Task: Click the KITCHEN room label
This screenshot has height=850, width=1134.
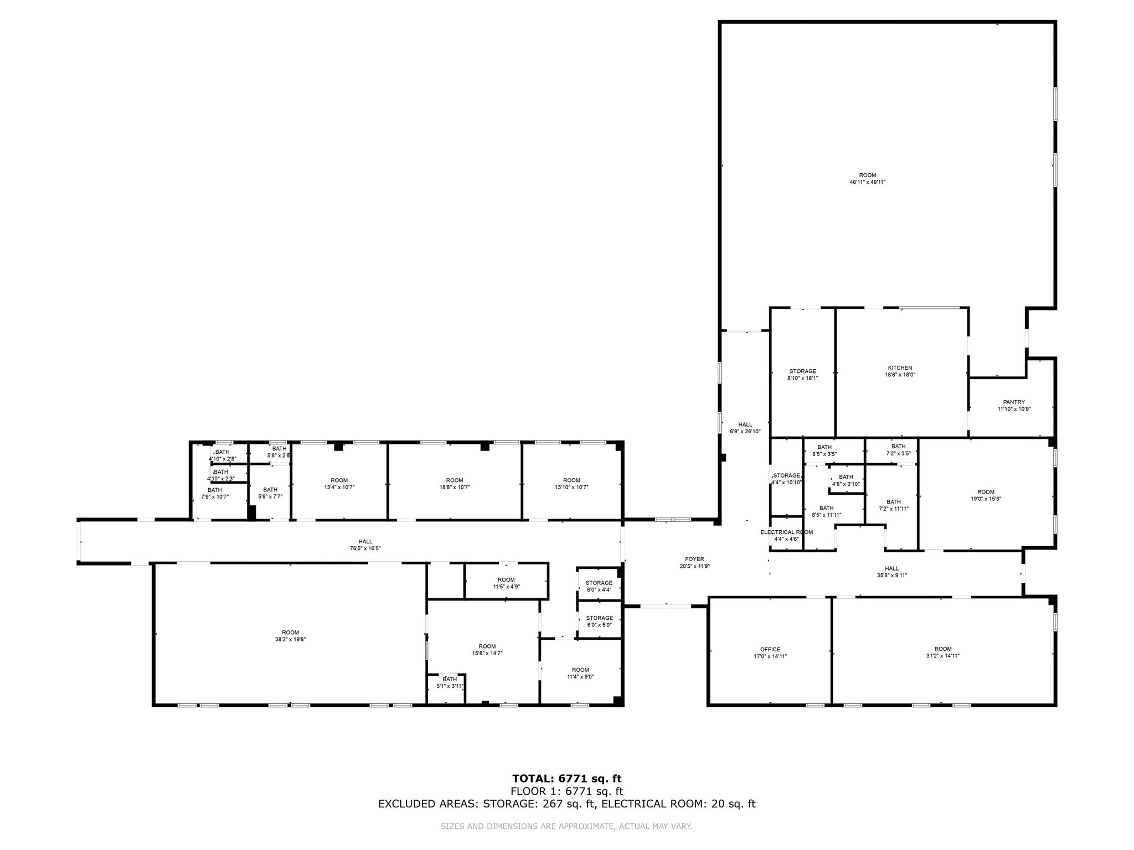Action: pyautogui.click(x=900, y=368)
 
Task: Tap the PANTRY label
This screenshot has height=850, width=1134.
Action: pyautogui.click(x=1014, y=402)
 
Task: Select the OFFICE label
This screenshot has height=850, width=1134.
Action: pyautogui.click(x=770, y=650)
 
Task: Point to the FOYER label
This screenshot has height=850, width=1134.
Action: pyautogui.click(x=694, y=559)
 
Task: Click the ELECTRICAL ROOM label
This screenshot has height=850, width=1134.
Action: pyautogui.click(x=786, y=532)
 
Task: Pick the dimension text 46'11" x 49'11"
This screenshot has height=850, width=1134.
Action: pyautogui.click(x=868, y=182)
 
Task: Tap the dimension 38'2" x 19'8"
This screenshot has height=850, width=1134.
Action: pyautogui.click(x=290, y=639)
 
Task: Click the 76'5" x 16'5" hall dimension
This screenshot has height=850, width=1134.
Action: pyautogui.click(x=365, y=548)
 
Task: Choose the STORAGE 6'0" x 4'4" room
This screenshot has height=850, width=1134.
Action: pyautogui.click(x=599, y=586)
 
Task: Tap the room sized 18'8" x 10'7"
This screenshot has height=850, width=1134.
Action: pyautogui.click(x=454, y=484)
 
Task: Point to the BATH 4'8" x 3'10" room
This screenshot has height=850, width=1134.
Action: pyautogui.click(x=846, y=480)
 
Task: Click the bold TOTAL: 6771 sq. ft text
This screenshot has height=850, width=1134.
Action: pyautogui.click(x=566, y=779)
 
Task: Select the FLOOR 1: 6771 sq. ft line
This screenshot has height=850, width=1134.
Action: pyautogui.click(x=566, y=791)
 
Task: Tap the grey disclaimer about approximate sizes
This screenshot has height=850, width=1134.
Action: pyautogui.click(x=566, y=826)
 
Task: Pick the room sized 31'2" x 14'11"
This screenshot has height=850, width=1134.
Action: pyautogui.click(x=943, y=652)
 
